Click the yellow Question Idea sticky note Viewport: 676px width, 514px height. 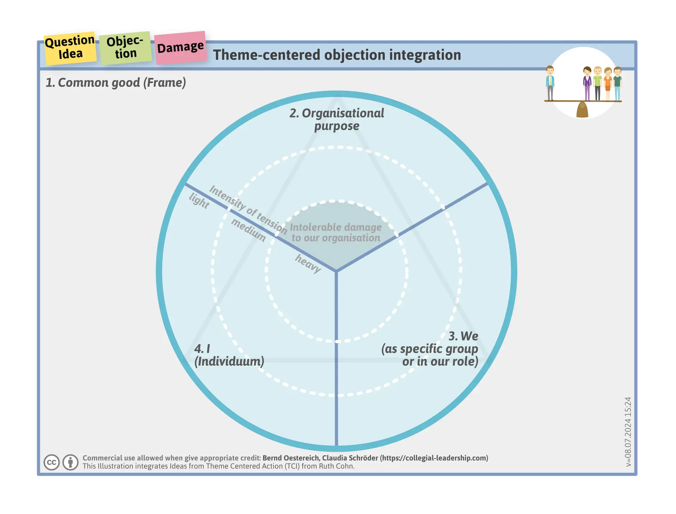(70, 48)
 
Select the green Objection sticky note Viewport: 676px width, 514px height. (125, 48)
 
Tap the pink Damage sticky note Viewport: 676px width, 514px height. (180, 47)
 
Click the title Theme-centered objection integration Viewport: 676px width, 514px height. (337, 55)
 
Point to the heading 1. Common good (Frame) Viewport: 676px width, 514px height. (115, 83)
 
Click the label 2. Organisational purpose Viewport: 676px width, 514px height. (337, 120)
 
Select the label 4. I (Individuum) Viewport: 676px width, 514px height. (229, 355)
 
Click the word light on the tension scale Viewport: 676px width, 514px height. (199, 201)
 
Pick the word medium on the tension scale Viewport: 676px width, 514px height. (249, 230)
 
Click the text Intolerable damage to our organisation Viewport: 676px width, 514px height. (336, 232)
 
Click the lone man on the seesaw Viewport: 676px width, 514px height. (550, 83)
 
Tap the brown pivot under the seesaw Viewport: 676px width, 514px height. (582, 110)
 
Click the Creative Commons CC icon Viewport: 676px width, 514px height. (51, 462)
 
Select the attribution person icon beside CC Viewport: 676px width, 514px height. (70, 462)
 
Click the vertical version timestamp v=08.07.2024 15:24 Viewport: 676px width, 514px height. (628, 432)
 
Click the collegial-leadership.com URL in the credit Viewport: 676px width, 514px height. (434, 458)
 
